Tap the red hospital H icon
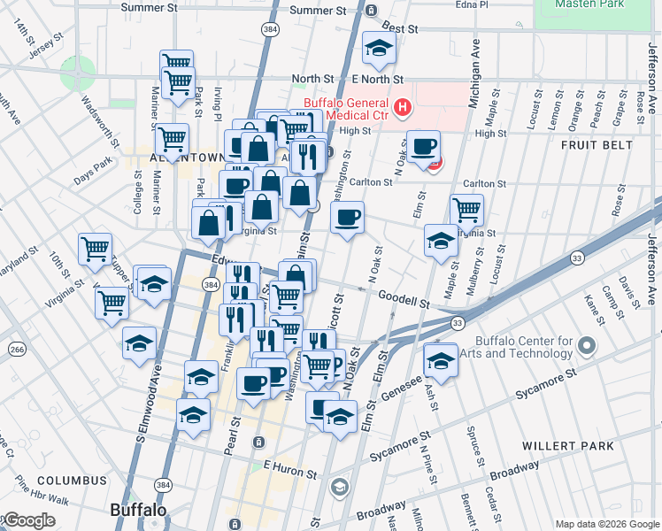pos(403,109)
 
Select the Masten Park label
pos(590,4)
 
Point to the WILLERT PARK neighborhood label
pos(580,445)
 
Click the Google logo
pos(28,520)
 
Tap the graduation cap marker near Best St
pos(379,49)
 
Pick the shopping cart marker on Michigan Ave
pos(466,211)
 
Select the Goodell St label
pos(404,301)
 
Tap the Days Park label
pos(93,172)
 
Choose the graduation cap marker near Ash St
pos(440,360)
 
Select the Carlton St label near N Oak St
pos(371,182)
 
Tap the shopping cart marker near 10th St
pos(95,249)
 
